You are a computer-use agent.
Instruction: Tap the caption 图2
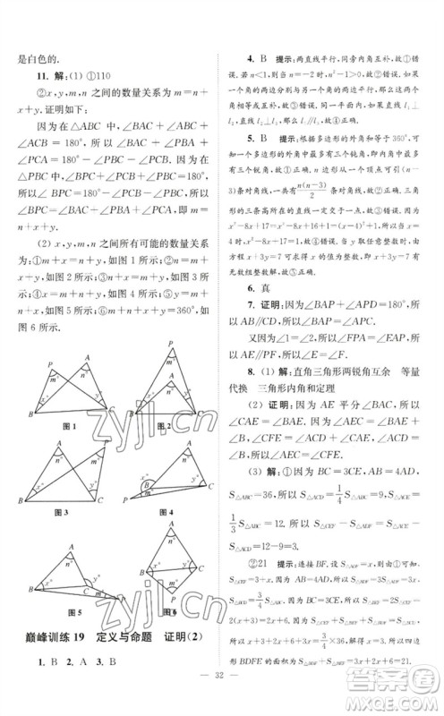(x=164, y=426)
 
